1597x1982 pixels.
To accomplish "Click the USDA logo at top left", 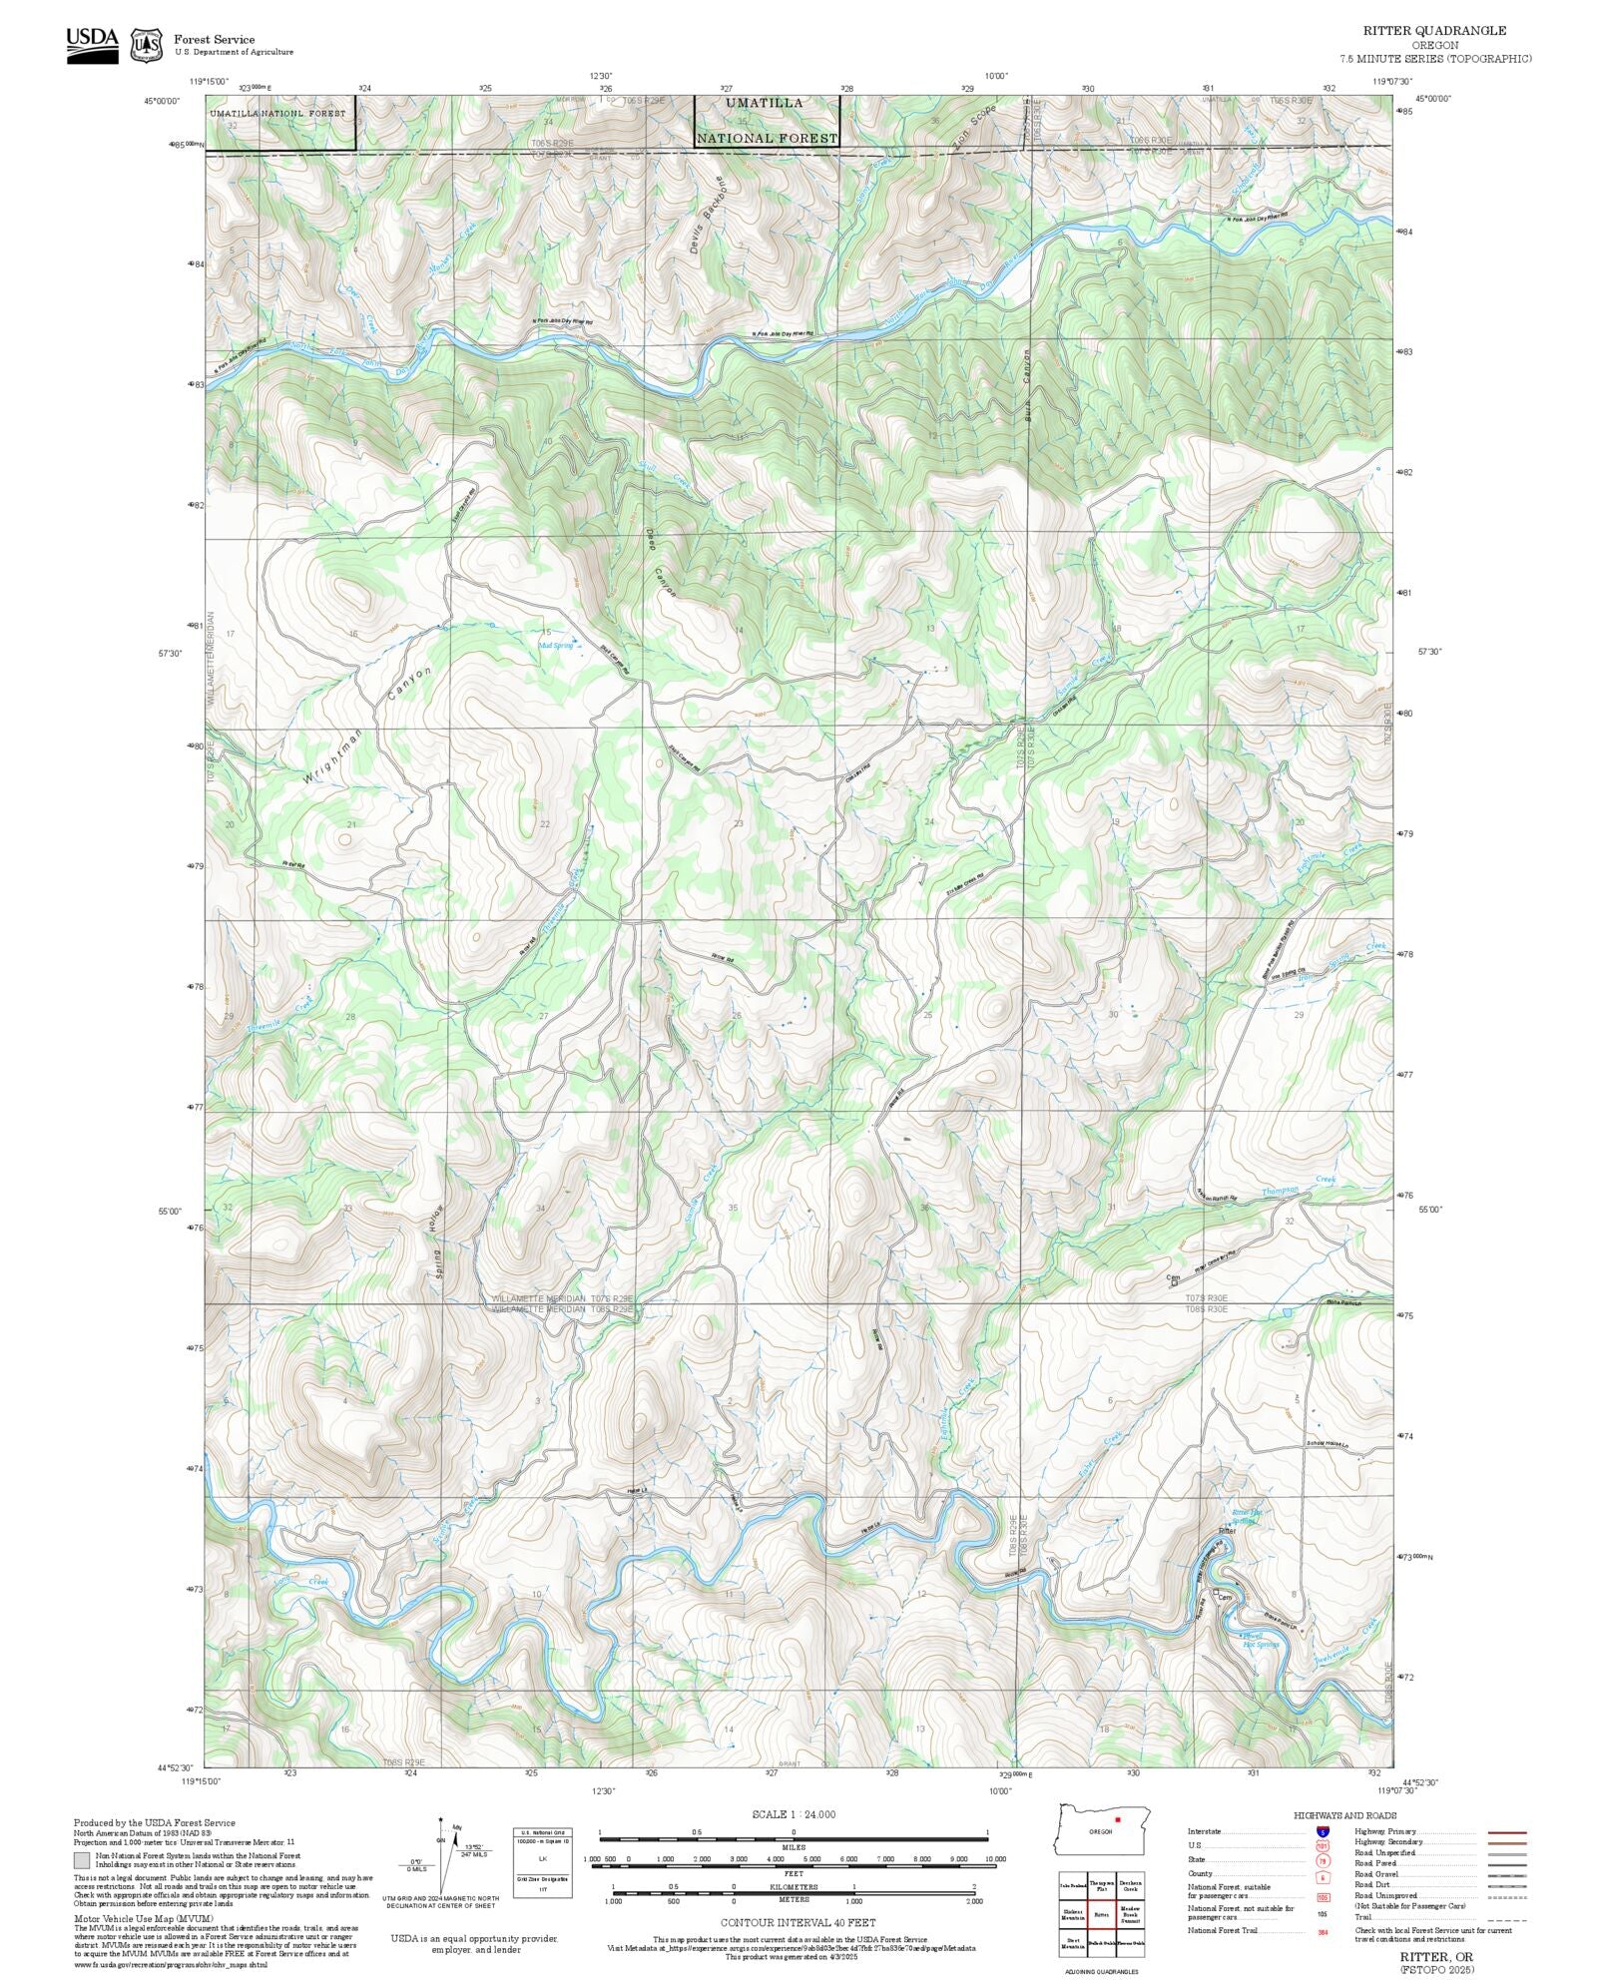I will pyautogui.click(x=92, y=45).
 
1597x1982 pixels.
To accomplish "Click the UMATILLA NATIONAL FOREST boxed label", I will pyautogui.click(x=767, y=121).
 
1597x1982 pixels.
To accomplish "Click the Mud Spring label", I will pyautogui.click(x=556, y=645).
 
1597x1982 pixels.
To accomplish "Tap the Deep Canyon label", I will pyautogui.click(x=661, y=565).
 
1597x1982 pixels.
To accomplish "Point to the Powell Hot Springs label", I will pyautogui.click(x=1260, y=1640).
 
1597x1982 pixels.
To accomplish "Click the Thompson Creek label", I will pyautogui.click(x=1299, y=1186).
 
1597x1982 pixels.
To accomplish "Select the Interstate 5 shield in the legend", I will pyautogui.click(x=1323, y=1832).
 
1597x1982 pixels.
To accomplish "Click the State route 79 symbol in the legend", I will pyautogui.click(x=1323, y=1860).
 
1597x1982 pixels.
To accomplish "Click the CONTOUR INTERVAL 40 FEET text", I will pyautogui.click(x=798, y=1922).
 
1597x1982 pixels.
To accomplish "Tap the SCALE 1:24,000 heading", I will pyautogui.click(x=794, y=1814).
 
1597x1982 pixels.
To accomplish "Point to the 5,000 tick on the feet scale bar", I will pyautogui.click(x=812, y=1859).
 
